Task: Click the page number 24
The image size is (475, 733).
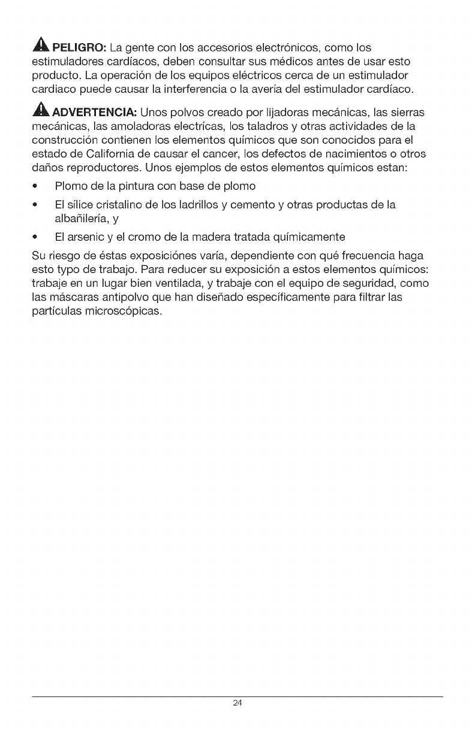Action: coord(237,703)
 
